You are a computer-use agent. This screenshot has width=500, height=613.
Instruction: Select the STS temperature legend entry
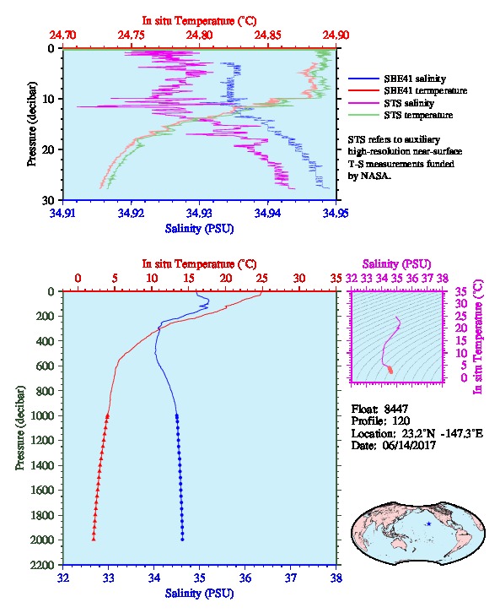coord(401,115)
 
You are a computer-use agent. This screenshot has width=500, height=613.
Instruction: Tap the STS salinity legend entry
coord(391,103)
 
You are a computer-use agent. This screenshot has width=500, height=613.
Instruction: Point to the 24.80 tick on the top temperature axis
coord(200,35)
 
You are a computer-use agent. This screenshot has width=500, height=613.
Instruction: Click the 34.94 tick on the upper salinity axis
coord(268,213)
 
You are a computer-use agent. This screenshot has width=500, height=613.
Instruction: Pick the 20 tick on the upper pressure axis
coord(51,149)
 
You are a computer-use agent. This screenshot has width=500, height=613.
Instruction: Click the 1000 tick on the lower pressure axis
coord(43,415)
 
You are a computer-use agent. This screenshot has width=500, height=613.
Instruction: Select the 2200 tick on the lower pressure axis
coord(43,565)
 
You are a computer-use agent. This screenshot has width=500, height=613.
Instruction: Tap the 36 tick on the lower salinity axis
coord(245,578)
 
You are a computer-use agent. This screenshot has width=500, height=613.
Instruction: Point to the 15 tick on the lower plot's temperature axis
coord(189,279)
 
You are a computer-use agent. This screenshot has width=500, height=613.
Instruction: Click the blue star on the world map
coord(429,523)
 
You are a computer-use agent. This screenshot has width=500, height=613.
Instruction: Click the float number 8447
coord(395,409)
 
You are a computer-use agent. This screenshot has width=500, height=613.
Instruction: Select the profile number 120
coord(401,421)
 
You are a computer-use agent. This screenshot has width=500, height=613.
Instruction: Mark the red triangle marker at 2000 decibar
coord(94,540)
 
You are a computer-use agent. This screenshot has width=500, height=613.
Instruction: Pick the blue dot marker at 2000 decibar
coord(182,540)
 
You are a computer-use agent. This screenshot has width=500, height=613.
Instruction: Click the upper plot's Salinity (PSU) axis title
coord(200,229)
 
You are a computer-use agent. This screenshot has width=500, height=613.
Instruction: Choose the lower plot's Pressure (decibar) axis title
coord(20,428)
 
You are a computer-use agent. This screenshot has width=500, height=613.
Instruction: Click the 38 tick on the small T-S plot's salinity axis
coord(443,279)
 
